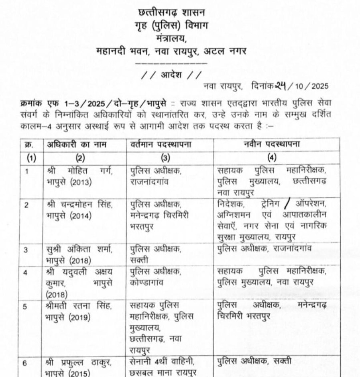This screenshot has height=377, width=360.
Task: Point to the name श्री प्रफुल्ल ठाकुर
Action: [x=81, y=361]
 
